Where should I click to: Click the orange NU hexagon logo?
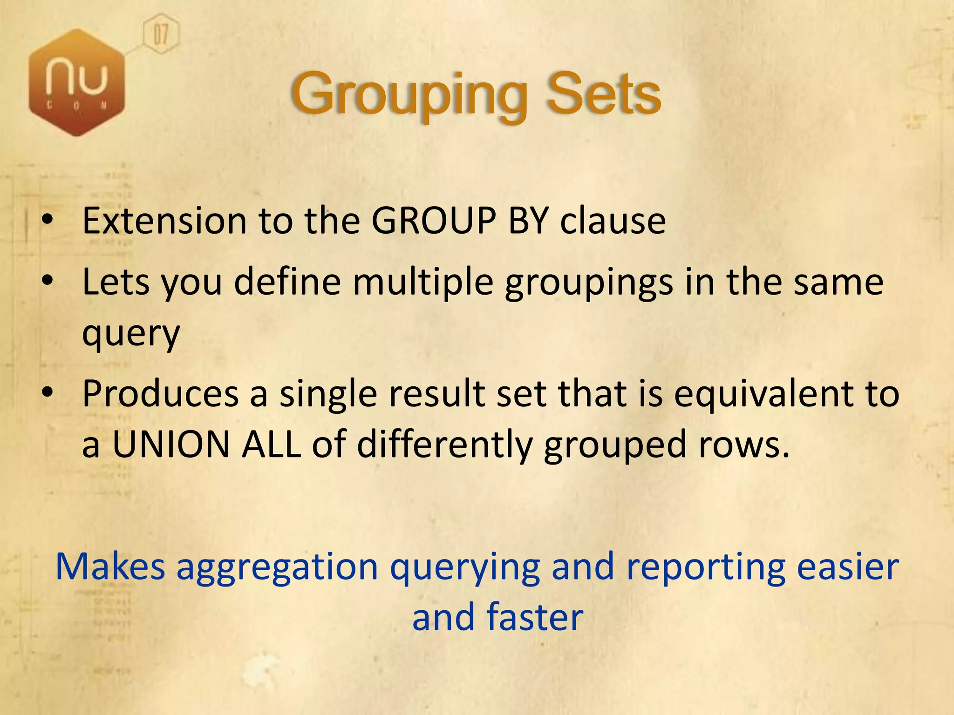77,83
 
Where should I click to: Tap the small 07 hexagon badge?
161,34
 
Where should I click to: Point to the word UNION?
171,444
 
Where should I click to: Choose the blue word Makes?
110,567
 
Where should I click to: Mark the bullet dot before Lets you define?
47,281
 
